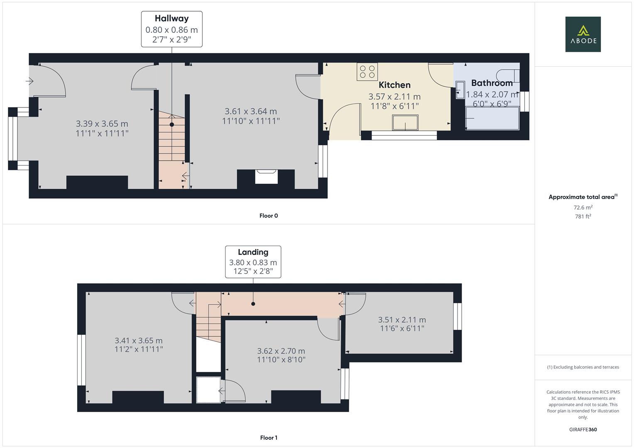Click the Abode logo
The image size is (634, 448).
pos(583,34)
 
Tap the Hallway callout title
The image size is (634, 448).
pos(171,18)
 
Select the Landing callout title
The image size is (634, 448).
pos(253,252)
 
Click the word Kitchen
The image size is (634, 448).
pos(394,85)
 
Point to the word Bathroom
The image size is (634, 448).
pos(492,83)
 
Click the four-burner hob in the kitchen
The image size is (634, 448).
pos(367,71)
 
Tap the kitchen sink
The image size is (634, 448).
pos(405,122)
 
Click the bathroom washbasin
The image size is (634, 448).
pos(460,90)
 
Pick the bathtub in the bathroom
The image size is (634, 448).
pos(492,118)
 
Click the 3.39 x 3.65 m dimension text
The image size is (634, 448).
pos(102,124)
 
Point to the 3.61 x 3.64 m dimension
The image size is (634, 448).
pos(251,111)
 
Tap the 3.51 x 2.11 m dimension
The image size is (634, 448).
pos(402,320)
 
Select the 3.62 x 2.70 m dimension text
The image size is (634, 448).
pos(281,351)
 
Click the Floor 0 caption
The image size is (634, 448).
pos(269,216)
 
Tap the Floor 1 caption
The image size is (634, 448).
pos(269,438)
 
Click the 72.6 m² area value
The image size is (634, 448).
pos(583,207)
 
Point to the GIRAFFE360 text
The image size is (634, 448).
pos(583,429)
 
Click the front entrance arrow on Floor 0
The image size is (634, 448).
pos(29,81)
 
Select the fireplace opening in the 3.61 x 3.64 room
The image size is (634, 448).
pos(266,177)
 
